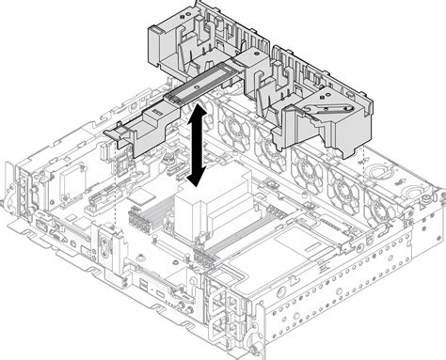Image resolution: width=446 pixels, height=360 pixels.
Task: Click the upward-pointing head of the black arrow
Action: tap(198, 116)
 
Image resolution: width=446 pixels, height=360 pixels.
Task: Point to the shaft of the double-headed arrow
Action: tap(198, 147)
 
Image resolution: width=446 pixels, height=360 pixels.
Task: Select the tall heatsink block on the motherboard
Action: tap(212, 211)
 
